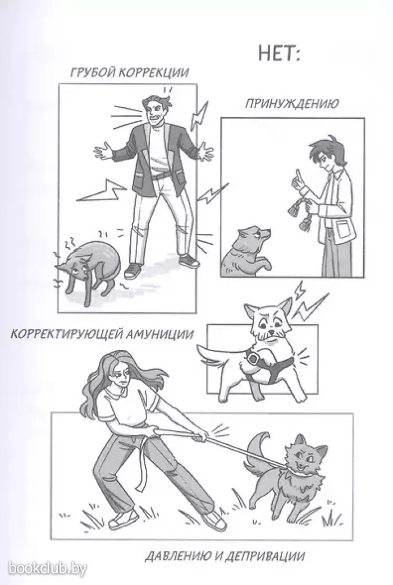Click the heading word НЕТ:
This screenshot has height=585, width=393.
coord(279,54)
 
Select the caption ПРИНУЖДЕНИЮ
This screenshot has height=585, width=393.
coord(292,103)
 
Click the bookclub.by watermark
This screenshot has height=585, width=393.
coord(48,569)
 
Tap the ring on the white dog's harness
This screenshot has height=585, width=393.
coord(253,359)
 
